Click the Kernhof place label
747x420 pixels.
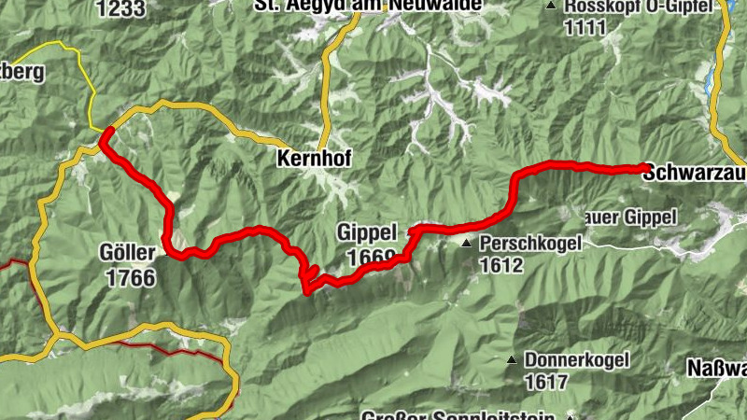coord(314,160)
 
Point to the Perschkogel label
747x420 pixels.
coord(530,243)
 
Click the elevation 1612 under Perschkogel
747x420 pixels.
coord(502,264)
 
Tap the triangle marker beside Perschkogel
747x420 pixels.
coord(466,244)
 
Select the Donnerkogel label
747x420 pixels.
coord(576,359)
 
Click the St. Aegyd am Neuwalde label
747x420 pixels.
coord(368,6)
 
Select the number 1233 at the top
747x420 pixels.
coord(120,8)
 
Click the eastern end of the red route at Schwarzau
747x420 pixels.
coord(645,168)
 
